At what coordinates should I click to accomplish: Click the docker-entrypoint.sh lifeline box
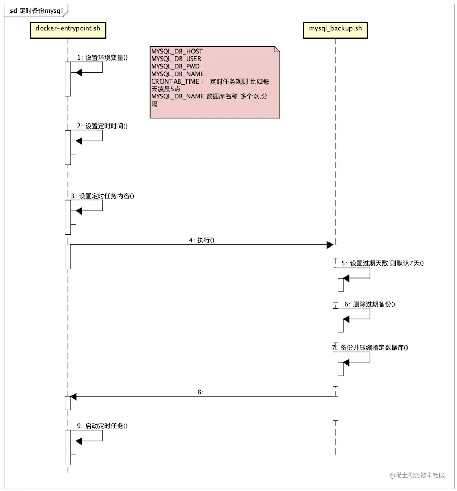(x=68, y=30)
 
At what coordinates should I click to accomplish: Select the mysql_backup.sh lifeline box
(x=335, y=30)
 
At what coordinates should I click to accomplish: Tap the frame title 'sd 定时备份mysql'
(x=36, y=11)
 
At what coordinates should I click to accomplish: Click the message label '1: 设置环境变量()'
(x=102, y=57)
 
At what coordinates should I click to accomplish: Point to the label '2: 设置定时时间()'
(x=102, y=126)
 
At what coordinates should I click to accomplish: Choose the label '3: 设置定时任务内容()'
(x=102, y=196)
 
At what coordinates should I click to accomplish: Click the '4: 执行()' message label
(x=201, y=240)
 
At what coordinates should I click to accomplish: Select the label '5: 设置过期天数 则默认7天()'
(x=382, y=263)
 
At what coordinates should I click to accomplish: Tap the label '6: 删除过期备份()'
(x=370, y=304)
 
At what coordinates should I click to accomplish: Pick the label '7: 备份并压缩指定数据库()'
(x=370, y=347)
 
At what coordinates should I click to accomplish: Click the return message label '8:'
(x=200, y=392)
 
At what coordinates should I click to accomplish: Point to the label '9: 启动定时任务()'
(x=102, y=426)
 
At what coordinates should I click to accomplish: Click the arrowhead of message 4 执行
(x=330, y=245)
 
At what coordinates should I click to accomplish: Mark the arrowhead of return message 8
(x=73, y=397)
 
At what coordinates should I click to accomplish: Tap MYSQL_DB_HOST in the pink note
(x=177, y=51)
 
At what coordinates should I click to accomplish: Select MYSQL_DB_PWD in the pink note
(x=175, y=66)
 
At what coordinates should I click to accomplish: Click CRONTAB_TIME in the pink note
(x=175, y=81)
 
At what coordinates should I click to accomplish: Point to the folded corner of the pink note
(x=277, y=50)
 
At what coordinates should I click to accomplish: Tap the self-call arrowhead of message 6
(x=346, y=319)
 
